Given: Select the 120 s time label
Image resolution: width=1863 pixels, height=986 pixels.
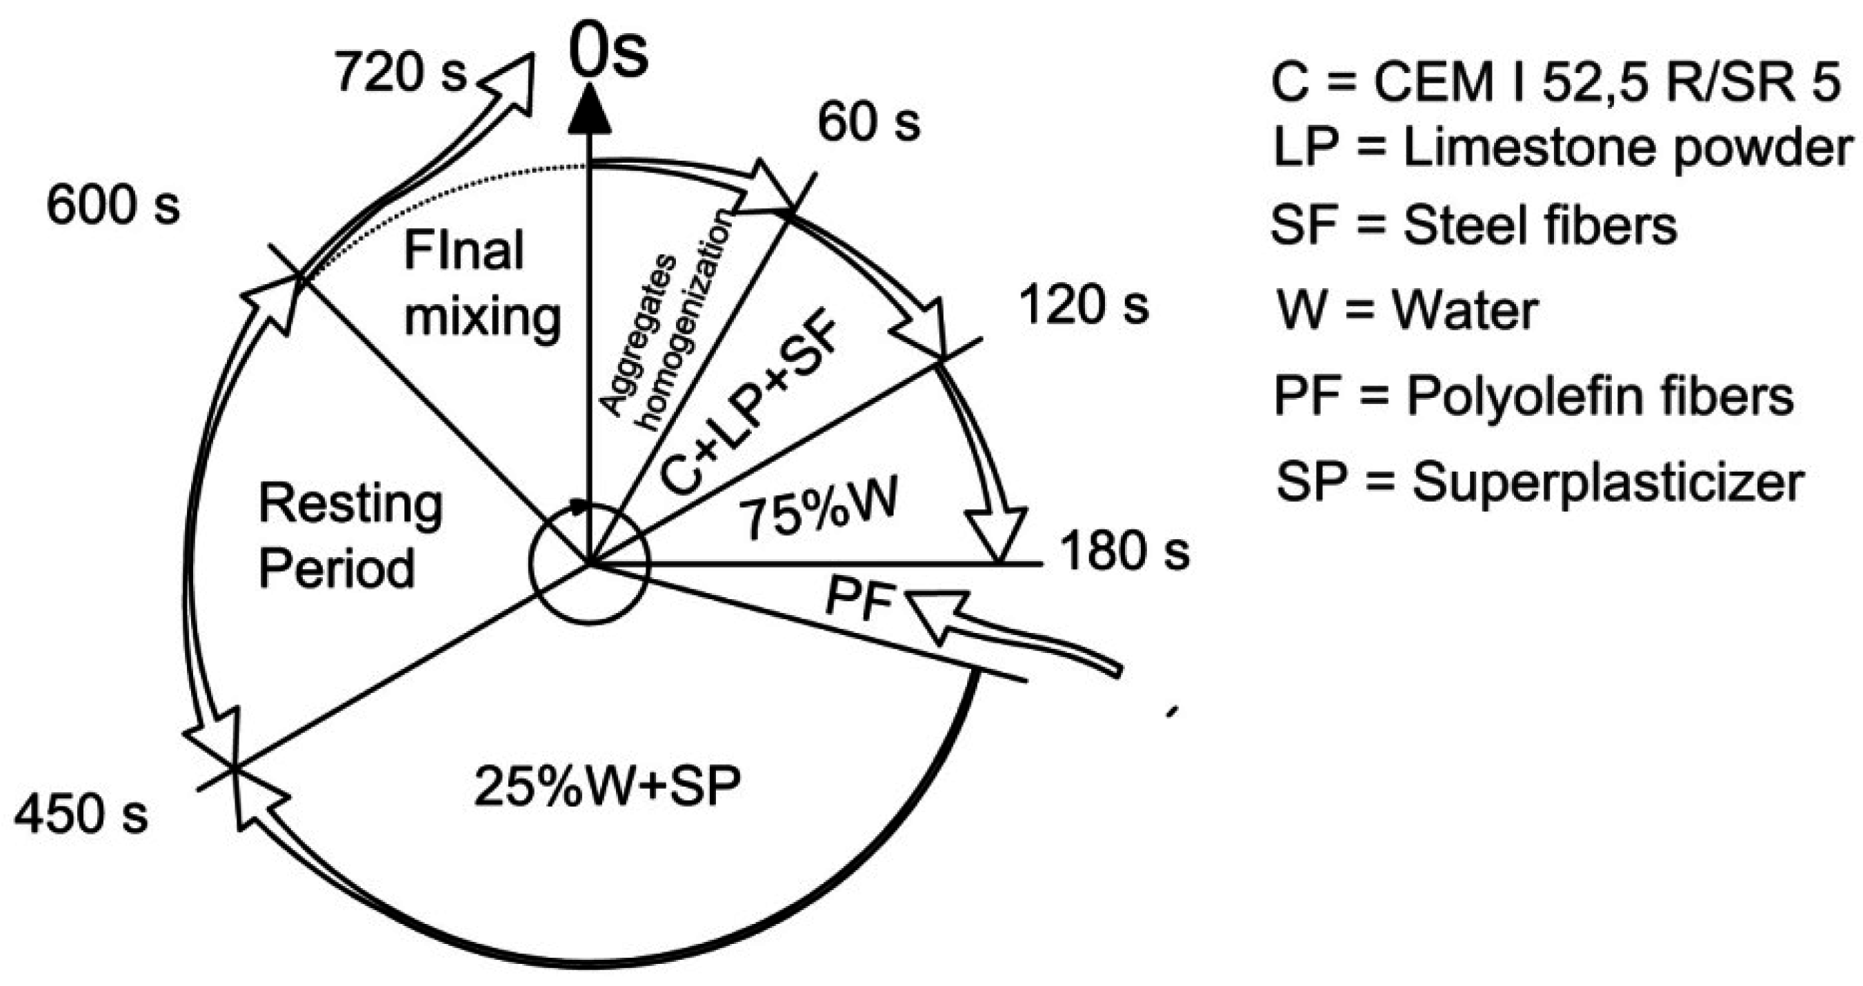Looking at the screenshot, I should click(1083, 305).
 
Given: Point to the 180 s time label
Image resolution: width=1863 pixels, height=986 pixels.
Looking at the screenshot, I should click(1124, 552).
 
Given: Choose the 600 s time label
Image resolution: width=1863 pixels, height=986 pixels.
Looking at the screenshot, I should click(113, 206).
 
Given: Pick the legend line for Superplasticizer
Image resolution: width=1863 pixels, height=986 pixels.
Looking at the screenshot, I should click(1540, 481).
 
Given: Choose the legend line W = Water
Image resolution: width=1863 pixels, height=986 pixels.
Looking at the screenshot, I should click(1406, 311).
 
